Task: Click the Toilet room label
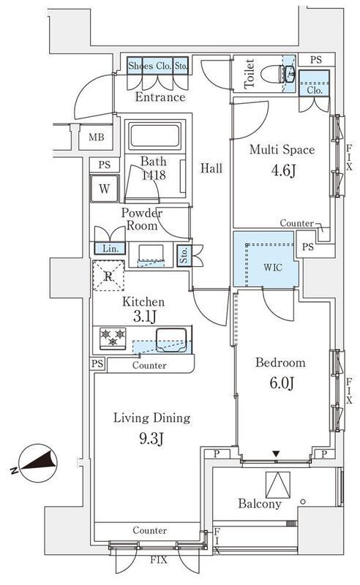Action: [x=249, y=74]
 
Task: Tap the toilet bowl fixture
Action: [x=278, y=74]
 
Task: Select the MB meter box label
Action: [x=97, y=137]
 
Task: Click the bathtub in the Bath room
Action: [x=154, y=135]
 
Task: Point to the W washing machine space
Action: [x=104, y=189]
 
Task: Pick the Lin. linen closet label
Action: [x=110, y=249]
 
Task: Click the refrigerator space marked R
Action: [x=108, y=276]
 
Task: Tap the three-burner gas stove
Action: [x=113, y=338]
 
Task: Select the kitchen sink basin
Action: [x=171, y=339]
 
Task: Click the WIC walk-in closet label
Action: [x=273, y=268]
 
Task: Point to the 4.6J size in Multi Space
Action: [x=283, y=170]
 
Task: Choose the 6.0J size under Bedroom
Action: [x=282, y=382]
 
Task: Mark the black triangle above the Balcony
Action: [x=276, y=453]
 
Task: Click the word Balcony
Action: [x=260, y=504]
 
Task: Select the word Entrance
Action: [x=160, y=97]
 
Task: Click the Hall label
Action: [x=211, y=168]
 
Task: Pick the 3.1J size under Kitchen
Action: [x=144, y=317]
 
